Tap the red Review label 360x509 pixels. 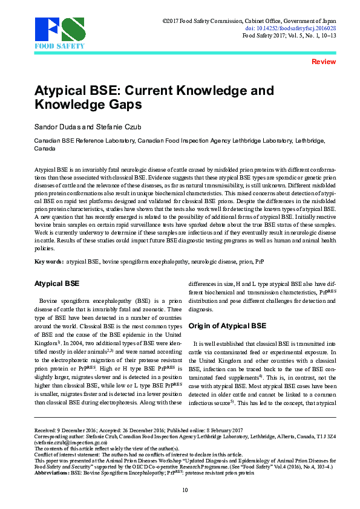(323, 62)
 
